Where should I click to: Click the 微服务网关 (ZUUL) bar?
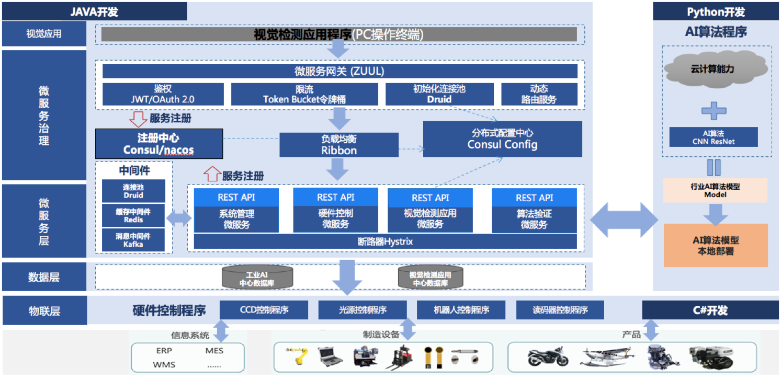[x=339, y=71]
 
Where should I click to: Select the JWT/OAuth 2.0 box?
[x=163, y=94]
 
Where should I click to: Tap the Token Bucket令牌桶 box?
[x=304, y=94]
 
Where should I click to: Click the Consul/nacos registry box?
[x=159, y=144]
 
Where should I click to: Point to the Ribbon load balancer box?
[x=338, y=145]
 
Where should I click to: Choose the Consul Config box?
[x=502, y=139]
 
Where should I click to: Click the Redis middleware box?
[x=133, y=215]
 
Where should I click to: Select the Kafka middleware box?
[x=133, y=240]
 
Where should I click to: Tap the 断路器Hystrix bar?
[x=385, y=241]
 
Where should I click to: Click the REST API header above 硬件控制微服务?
[x=335, y=197]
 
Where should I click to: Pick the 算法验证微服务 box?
[x=534, y=218]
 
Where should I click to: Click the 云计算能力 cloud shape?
[x=716, y=69]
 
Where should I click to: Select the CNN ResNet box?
[x=714, y=137]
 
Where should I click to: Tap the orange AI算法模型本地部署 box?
[x=716, y=245]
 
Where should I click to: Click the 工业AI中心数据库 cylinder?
[x=257, y=277]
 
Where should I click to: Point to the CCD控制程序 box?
[x=264, y=310]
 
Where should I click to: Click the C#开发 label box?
[x=710, y=310]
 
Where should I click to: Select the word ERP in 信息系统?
[x=164, y=351]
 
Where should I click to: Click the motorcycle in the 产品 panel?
[x=547, y=356]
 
